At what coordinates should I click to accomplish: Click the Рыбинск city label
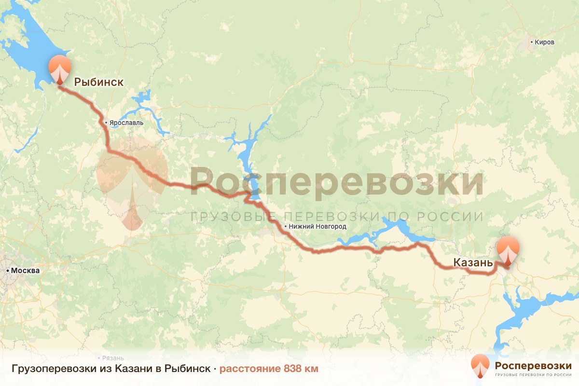(x=98, y=83)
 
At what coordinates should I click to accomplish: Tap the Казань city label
(x=472, y=263)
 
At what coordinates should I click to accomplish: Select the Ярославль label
(x=126, y=123)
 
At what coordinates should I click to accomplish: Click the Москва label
(x=25, y=271)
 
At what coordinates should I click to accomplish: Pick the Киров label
(x=545, y=42)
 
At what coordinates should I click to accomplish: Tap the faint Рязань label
(x=113, y=358)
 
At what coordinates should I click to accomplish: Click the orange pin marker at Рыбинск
(x=60, y=69)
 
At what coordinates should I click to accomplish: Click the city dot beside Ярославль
(x=106, y=123)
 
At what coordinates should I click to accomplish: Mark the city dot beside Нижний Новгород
(x=286, y=226)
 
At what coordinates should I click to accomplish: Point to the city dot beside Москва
(x=8, y=271)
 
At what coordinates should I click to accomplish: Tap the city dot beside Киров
(x=532, y=42)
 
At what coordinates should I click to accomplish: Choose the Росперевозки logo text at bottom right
(x=532, y=365)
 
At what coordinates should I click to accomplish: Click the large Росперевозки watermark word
(x=336, y=182)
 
